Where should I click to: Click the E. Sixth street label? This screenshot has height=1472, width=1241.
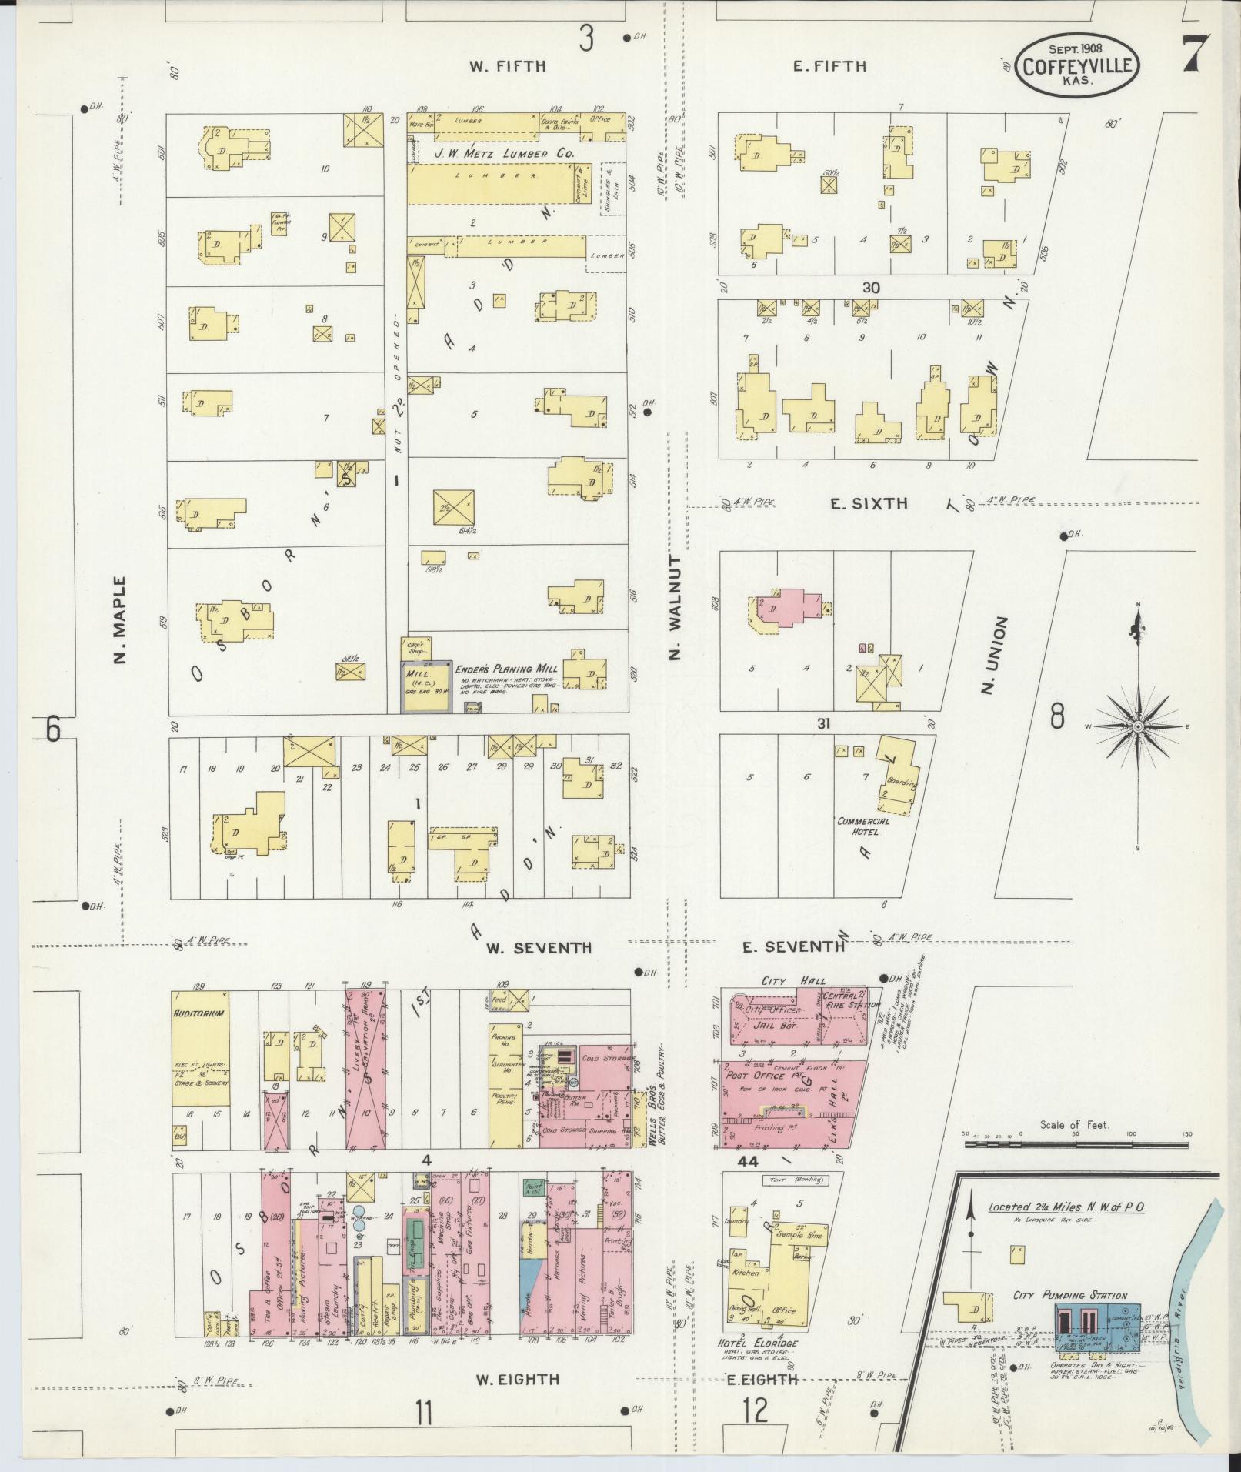tap(869, 504)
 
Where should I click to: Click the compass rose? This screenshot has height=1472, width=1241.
tap(1137, 726)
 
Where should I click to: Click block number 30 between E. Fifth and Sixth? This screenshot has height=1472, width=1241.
tap(870, 288)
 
